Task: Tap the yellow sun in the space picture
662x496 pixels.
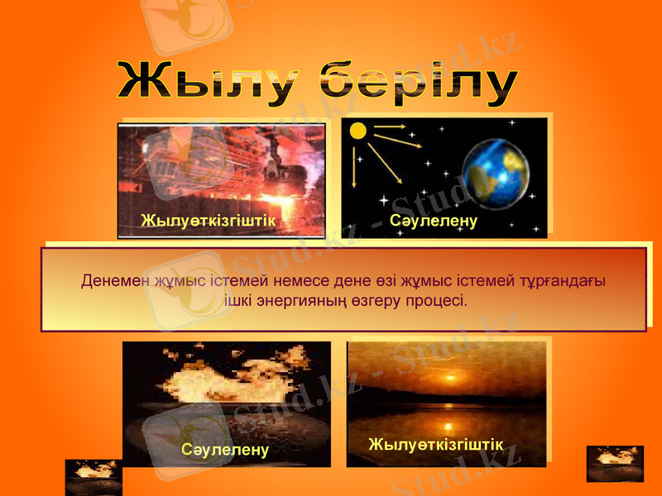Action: [x=357, y=131]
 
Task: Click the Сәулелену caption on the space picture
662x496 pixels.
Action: [x=434, y=222]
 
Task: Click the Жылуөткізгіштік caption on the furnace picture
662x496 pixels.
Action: [x=208, y=221]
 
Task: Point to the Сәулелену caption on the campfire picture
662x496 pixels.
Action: [x=225, y=450]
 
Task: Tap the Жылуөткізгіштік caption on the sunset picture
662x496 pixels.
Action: [x=435, y=445]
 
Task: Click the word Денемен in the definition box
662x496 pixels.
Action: [x=115, y=280]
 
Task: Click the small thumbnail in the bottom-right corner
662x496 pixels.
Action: [x=615, y=463]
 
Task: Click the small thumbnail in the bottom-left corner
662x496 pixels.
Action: [x=94, y=477]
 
